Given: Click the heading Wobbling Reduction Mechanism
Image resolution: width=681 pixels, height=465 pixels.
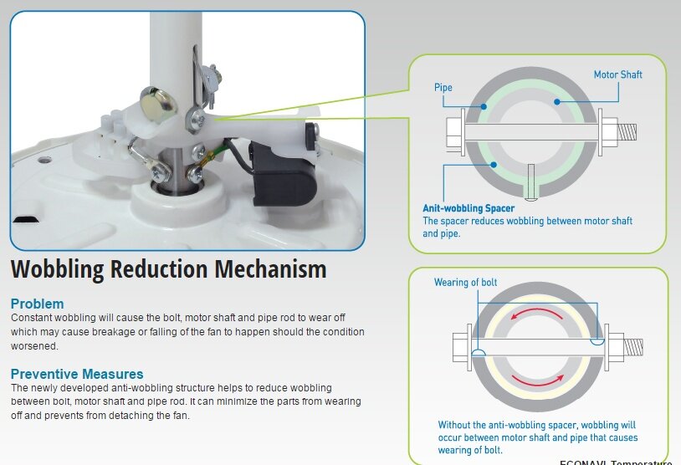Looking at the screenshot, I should (168, 269).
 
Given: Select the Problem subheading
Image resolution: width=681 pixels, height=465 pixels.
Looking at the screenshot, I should (37, 304).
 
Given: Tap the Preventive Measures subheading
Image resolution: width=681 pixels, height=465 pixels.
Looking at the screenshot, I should (77, 374).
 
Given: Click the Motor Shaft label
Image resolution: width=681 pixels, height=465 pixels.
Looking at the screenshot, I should (617, 74).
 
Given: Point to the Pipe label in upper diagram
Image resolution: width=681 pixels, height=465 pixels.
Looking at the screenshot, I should (443, 87).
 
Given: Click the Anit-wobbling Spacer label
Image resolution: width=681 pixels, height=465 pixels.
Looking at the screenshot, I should (468, 208).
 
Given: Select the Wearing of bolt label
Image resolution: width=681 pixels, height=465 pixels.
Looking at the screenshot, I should (465, 283).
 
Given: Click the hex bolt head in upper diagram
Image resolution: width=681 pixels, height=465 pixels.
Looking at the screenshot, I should (453, 131).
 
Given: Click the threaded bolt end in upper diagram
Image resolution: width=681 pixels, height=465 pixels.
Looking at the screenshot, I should (627, 131).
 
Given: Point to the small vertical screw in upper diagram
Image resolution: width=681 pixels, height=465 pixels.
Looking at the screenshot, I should (530, 181).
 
